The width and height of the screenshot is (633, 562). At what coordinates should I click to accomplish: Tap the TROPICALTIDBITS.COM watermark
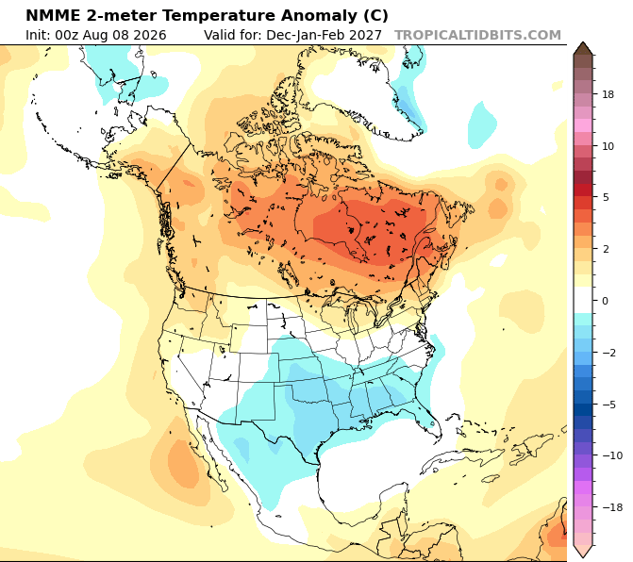coord(477,35)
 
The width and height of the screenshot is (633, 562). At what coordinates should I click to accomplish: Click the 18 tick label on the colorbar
coord(608,94)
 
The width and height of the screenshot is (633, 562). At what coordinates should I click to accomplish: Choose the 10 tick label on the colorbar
coord(608,146)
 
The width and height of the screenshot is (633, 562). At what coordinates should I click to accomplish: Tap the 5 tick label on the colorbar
coord(605,197)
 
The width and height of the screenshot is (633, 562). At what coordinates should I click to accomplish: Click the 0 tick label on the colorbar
coord(605,301)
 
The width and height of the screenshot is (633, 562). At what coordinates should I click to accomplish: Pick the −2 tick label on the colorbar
coord(609,353)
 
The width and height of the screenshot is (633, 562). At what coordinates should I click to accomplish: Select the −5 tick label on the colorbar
coord(609,405)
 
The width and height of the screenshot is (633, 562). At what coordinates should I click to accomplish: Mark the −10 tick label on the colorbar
coord(612,455)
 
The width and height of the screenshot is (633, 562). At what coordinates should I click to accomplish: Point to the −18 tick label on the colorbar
coord(612,507)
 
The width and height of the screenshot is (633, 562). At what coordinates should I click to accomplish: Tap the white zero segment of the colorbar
coord(583,300)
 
